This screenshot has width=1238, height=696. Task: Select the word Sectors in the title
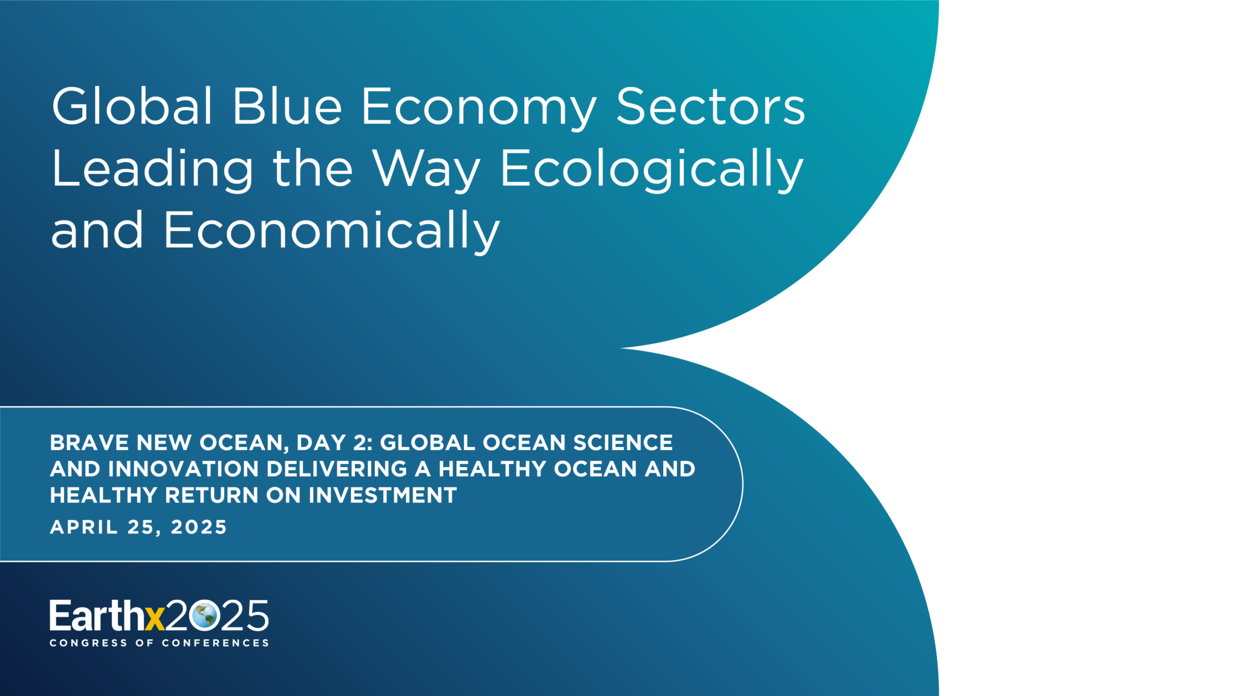pyautogui.click(x=710, y=106)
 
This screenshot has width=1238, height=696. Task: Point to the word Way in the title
pyautogui.click(x=426, y=170)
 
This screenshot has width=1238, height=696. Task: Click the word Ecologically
pyautogui.click(x=652, y=170)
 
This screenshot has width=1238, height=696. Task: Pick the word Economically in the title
pyautogui.click(x=332, y=232)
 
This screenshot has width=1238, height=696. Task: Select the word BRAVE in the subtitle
pyautogui.click(x=89, y=443)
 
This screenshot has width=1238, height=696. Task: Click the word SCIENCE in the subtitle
pyautogui.click(x=623, y=443)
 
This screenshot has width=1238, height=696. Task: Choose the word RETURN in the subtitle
pyautogui.click(x=212, y=495)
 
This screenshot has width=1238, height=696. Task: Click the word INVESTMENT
pyautogui.click(x=383, y=495)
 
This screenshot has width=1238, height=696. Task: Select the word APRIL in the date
pyautogui.click(x=84, y=527)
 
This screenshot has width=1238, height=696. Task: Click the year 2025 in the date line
pyautogui.click(x=198, y=527)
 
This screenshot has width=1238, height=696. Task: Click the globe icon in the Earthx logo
pyautogui.click(x=203, y=616)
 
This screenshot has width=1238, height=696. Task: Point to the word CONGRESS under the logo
pyautogui.click(x=88, y=643)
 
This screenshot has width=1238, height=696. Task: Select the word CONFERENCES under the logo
pyautogui.click(x=215, y=643)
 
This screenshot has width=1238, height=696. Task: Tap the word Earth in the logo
pyautogui.click(x=97, y=616)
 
